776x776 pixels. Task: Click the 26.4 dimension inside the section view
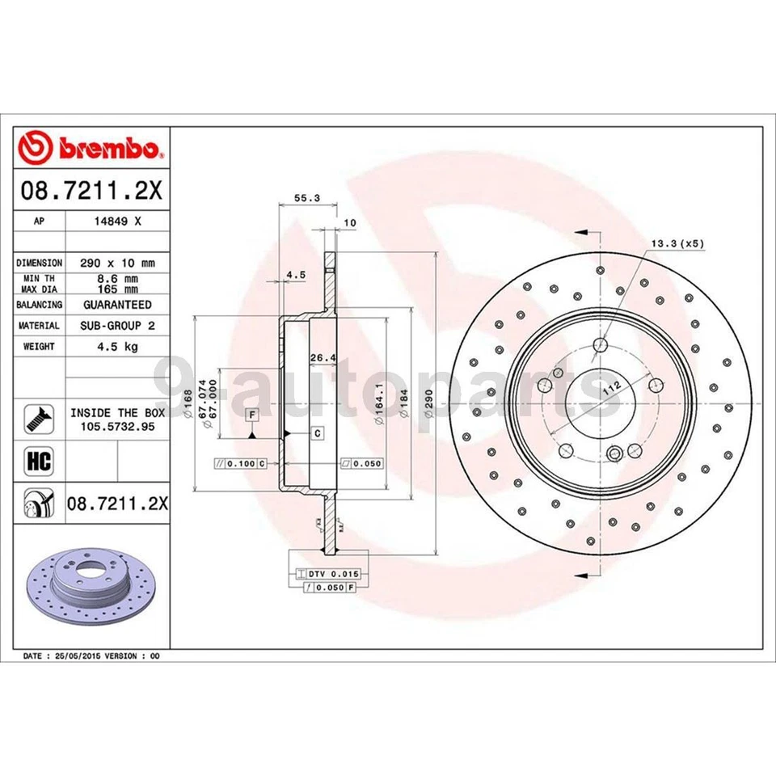click(x=323, y=359)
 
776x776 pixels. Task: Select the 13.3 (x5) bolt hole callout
click(x=677, y=242)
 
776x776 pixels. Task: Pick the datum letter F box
click(x=252, y=414)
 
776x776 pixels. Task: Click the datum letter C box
click(x=318, y=434)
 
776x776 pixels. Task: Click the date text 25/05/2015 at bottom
click(x=82, y=656)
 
